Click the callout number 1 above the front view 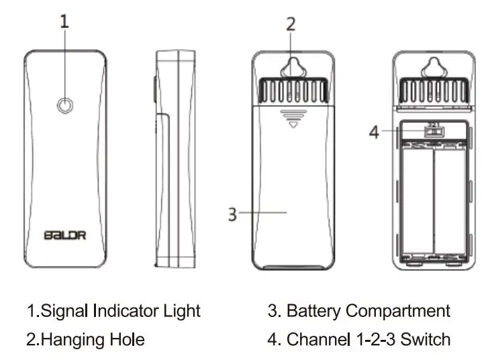click(x=64, y=21)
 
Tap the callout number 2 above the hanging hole click(x=290, y=25)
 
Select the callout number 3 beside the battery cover click(x=232, y=214)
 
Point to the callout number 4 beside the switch click(x=375, y=132)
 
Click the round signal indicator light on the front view click(x=64, y=105)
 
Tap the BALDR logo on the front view click(x=64, y=235)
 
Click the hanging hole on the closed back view click(x=291, y=68)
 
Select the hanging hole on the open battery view click(x=433, y=68)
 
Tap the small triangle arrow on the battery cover click(x=291, y=126)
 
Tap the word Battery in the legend click(x=314, y=311)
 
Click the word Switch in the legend click(x=427, y=339)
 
